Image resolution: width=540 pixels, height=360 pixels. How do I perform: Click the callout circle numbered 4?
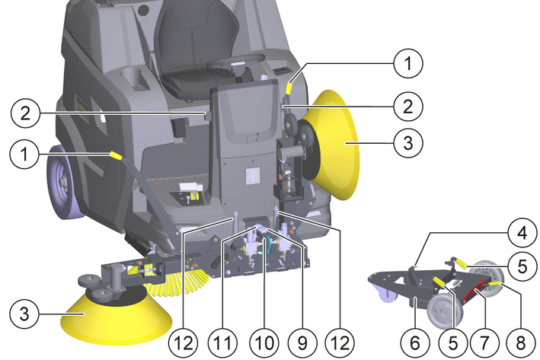522,233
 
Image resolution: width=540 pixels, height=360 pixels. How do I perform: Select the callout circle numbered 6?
415,342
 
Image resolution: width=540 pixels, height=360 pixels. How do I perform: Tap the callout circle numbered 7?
484,342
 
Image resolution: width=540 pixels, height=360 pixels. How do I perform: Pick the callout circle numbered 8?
521,342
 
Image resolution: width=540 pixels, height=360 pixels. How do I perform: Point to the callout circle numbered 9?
302,342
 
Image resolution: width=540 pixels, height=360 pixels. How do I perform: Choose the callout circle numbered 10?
264,342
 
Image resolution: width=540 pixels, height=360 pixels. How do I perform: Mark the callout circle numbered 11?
222,342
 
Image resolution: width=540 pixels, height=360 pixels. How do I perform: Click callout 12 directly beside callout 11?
184,342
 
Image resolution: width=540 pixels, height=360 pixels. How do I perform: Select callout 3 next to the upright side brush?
408,142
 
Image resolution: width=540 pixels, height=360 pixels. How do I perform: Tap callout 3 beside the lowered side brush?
24,314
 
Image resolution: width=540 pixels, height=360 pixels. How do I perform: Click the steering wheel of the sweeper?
235,62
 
